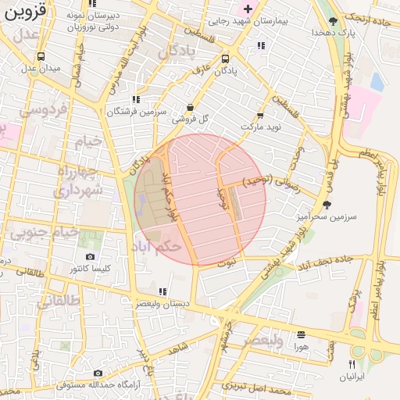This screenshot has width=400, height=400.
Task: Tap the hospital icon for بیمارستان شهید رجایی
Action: (248, 9)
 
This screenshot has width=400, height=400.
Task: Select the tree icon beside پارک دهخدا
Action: (334, 21)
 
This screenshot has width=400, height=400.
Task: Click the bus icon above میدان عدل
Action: (40, 56)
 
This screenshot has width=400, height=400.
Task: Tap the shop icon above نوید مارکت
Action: (259, 115)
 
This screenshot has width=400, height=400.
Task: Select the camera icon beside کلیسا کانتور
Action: (91, 257)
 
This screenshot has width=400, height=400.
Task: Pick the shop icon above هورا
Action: (301, 334)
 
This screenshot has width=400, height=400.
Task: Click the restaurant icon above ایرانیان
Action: (352, 365)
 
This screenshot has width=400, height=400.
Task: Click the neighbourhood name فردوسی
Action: (45, 109)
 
